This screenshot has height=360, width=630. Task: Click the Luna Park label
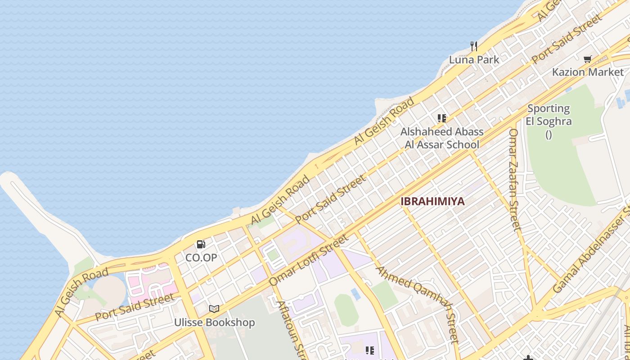coord(474,59)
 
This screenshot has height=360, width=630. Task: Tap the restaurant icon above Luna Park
coord(474,46)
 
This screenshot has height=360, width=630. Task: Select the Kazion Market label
coord(588,72)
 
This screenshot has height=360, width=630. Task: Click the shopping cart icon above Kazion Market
coord(587,59)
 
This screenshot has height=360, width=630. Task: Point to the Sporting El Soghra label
coord(549,115)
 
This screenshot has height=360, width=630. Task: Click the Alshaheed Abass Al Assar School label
coord(442,138)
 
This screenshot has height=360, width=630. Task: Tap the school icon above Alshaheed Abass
coord(442,118)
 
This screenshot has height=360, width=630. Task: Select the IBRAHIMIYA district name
coord(432,202)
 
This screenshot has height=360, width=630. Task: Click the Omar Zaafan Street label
coord(514,179)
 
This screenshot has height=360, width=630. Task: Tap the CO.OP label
coord(201,258)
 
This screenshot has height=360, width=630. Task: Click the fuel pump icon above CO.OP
coord(201,244)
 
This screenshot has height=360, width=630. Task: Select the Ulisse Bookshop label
coord(215,323)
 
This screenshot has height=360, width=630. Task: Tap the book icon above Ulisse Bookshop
coord(214,309)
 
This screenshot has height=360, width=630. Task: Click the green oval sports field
coord(346,310)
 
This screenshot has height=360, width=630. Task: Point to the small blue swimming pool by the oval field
coord(355,294)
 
